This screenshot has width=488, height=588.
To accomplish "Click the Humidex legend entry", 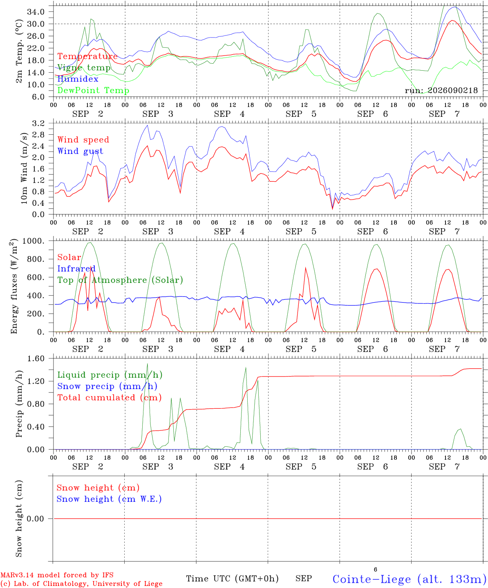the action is tap(78, 79).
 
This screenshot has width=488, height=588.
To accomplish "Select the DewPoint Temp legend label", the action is tap(93, 90).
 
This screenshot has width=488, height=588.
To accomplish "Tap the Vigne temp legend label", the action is tap(84, 68).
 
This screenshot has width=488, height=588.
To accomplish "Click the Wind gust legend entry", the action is tap(80, 151).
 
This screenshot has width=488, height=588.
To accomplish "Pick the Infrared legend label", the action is tap(76, 269).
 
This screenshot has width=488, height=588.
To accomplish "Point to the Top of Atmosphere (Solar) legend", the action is tap(121, 280).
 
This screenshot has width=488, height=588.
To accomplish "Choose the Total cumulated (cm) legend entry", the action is tap(110, 397).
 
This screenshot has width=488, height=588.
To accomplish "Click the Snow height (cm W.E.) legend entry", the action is tap(109, 499).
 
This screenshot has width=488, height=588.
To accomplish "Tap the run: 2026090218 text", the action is tap(441, 90).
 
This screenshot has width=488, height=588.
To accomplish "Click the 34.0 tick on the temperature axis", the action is tap(36, 12).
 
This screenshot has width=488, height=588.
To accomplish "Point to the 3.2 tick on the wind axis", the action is tap(38, 123).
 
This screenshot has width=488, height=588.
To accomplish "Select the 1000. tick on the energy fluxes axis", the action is tap(34, 241).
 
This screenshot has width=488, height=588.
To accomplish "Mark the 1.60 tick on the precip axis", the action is tap(36, 359).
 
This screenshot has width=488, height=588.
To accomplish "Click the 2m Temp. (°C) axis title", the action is tap(19, 51).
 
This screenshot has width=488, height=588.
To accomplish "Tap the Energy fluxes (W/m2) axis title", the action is tap(14, 286).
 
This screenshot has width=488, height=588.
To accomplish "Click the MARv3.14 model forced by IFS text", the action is tap(57, 575).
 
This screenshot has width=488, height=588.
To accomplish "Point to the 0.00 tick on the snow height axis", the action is tap(36, 519).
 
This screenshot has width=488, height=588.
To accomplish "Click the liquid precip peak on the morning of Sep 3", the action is tap(147, 364).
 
